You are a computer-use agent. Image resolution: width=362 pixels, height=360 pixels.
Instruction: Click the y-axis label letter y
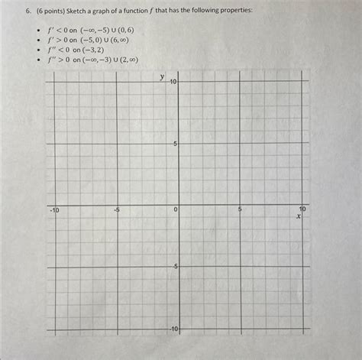pyautogui.click(x=162, y=76)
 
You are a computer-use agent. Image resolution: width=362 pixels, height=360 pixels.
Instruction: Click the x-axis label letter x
pyautogui.click(x=299, y=217)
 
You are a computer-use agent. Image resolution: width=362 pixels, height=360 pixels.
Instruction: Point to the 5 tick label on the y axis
pyautogui.click(x=175, y=144)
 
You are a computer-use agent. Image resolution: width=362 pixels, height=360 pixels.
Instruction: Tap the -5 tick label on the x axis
pyautogui.click(x=117, y=209)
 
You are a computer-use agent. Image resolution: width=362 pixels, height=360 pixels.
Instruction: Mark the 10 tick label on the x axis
pyautogui.click(x=303, y=209)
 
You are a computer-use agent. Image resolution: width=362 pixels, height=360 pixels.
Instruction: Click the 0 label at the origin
pyautogui.click(x=175, y=209)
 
